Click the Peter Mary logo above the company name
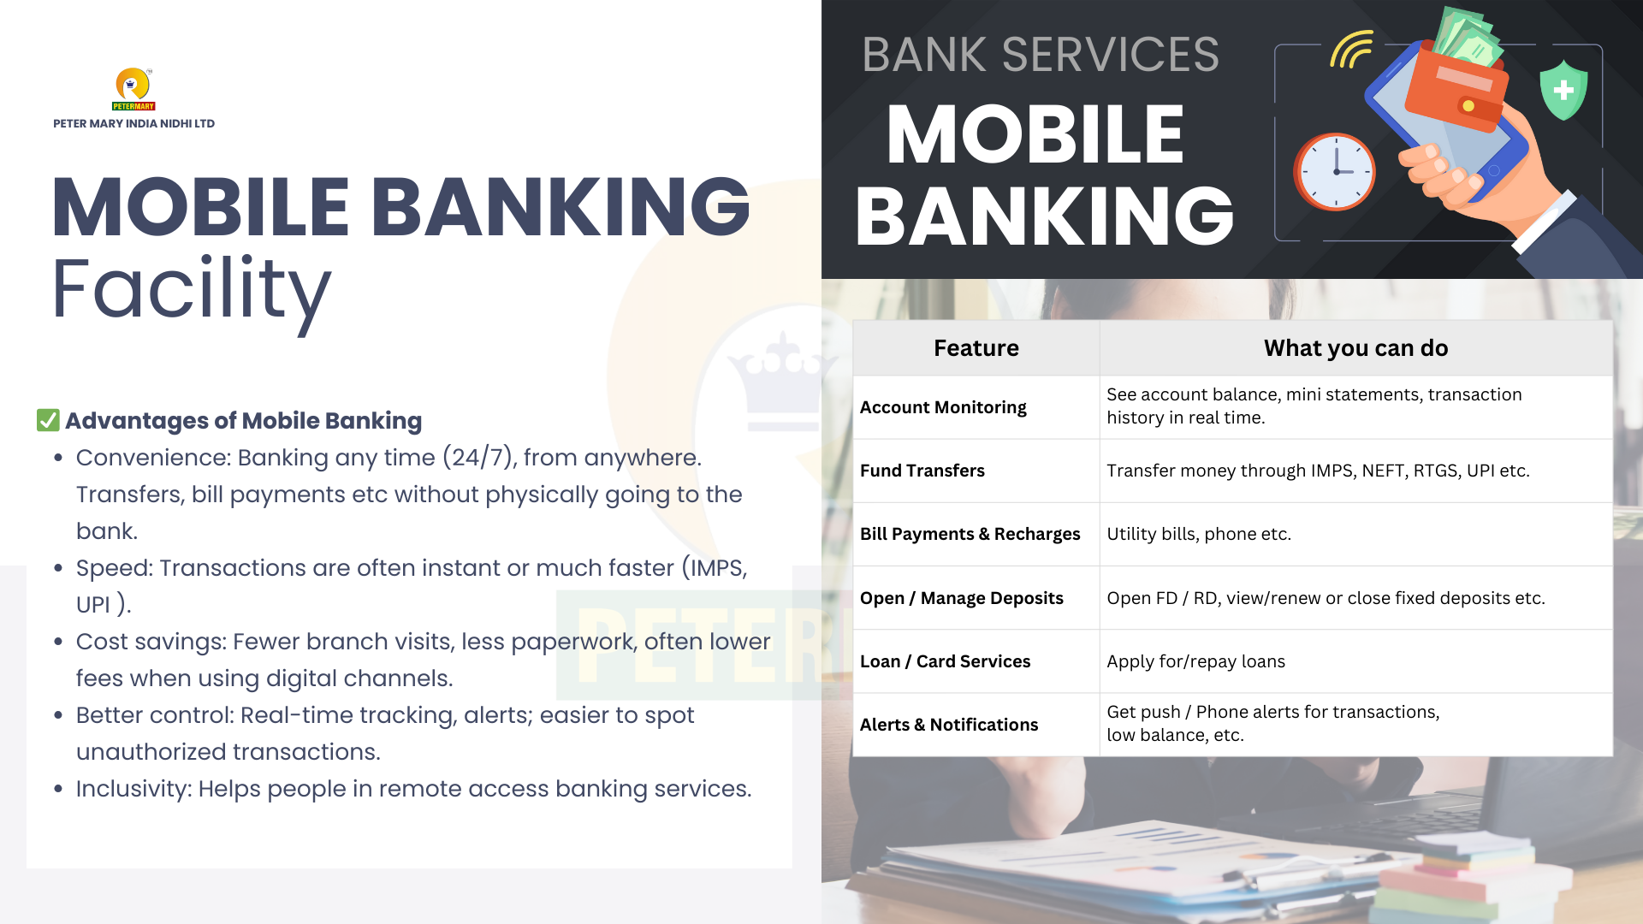click(x=133, y=89)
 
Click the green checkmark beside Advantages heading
click(x=48, y=420)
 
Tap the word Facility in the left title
click(x=192, y=291)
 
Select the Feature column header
click(x=976, y=348)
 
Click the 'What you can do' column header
click(x=1356, y=348)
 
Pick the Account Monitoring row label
click(x=943, y=407)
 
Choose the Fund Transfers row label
click(x=922, y=471)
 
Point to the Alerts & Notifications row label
click(x=949, y=725)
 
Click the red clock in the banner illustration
click(x=1334, y=171)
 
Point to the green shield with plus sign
click(x=1563, y=90)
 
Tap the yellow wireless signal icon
click(x=1351, y=50)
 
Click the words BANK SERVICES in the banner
click(x=1041, y=55)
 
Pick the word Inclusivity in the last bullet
click(x=133, y=789)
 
